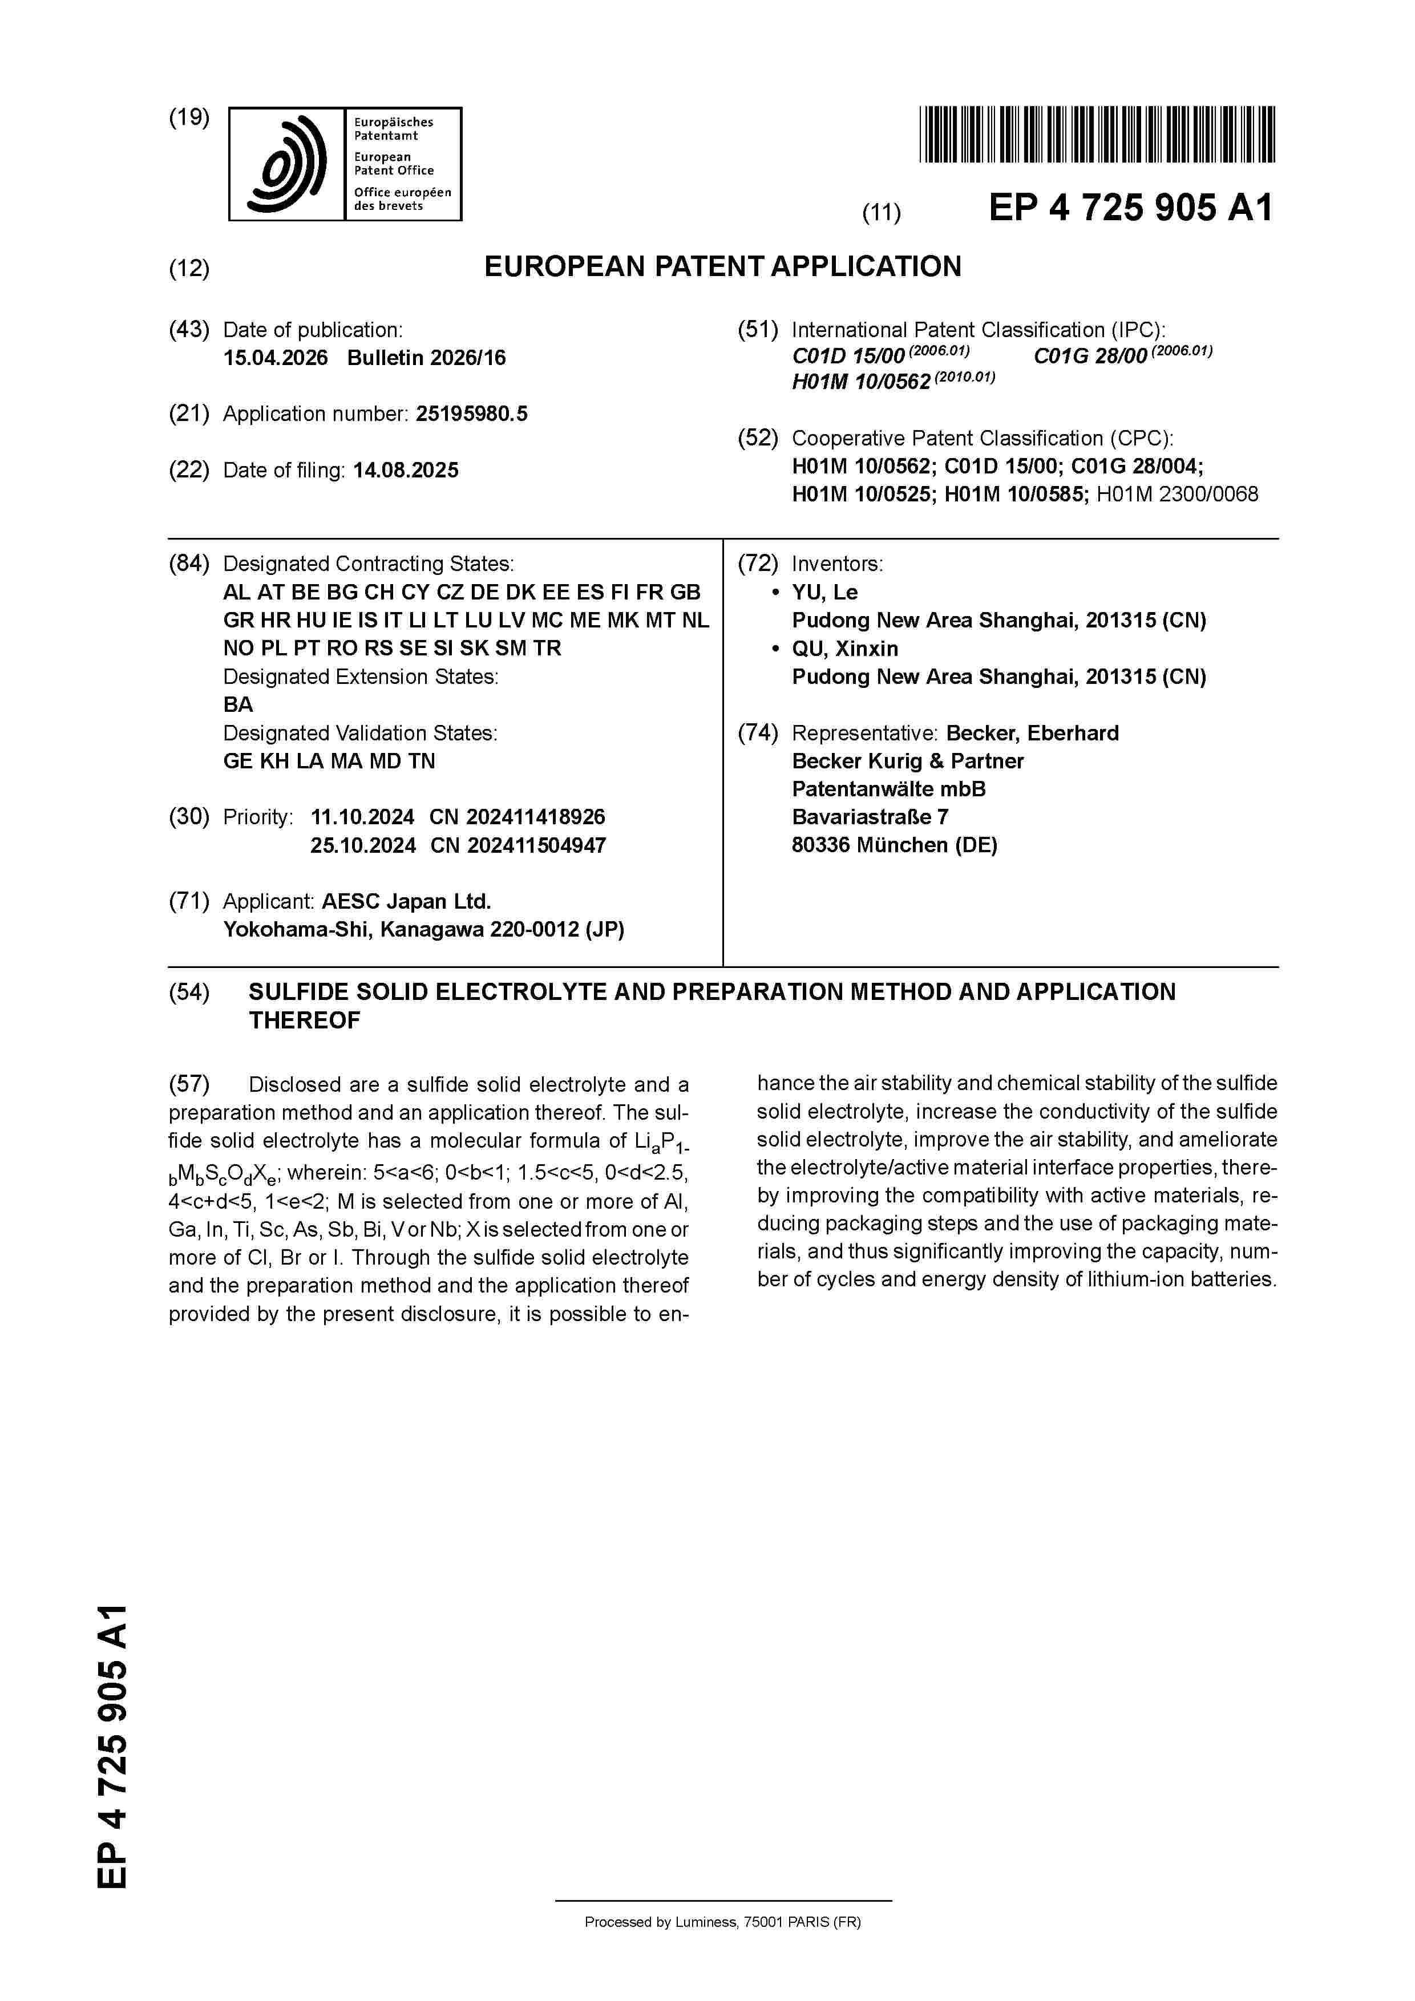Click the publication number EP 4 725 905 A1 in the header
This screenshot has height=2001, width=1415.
coord(1131,208)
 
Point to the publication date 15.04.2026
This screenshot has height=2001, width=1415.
coord(276,358)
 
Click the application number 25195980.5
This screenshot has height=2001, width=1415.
coord(472,414)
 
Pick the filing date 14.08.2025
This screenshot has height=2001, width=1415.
coord(406,471)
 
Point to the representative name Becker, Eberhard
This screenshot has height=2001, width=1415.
coord(1032,733)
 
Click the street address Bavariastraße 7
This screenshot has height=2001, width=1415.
coord(869,817)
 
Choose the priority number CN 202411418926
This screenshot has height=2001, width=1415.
coord(517,817)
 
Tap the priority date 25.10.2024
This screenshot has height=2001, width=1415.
coord(363,845)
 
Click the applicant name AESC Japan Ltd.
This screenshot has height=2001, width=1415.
coord(406,901)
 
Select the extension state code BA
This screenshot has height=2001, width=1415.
coord(238,705)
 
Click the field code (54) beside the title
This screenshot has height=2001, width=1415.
coord(189,992)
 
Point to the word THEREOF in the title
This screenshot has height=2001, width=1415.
coord(304,1020)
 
